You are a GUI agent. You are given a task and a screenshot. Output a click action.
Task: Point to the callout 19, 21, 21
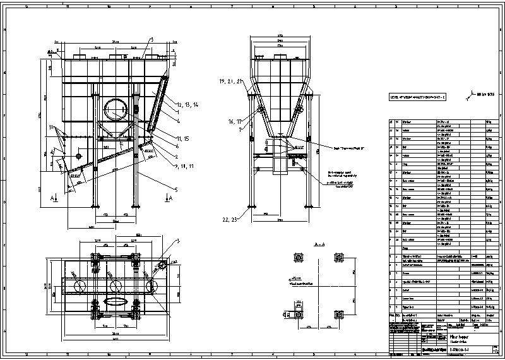click(x=231, y=82)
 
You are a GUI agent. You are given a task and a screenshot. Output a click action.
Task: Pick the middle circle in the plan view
click(x=116, y=286)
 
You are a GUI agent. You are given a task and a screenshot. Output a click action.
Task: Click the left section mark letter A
click(x=51, y=197)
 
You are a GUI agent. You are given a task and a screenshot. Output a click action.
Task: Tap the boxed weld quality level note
click(x=417, y=97)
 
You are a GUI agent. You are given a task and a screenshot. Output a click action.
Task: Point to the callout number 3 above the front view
click(x=152, y=39)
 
